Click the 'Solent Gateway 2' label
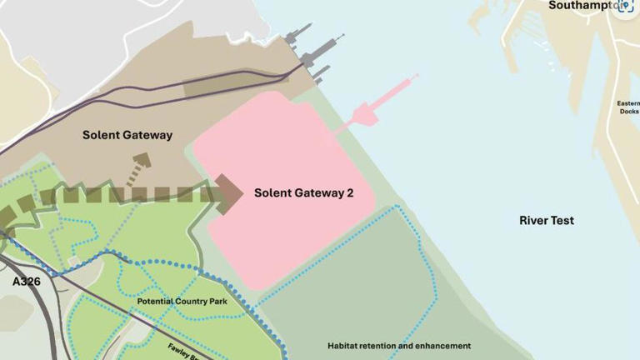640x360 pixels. click(x=303, y=193)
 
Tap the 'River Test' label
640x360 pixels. click(x=546, y=221)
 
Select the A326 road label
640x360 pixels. click(x=26, y=282)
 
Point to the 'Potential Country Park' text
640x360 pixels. click(x=193, y=301)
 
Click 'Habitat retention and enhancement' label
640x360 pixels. click(x=398, y=345)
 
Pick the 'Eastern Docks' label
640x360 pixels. click(x=629, y=107)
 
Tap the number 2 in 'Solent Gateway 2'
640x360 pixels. click(x=350, y=193)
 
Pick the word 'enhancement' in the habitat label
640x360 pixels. click(x=440, y=345)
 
